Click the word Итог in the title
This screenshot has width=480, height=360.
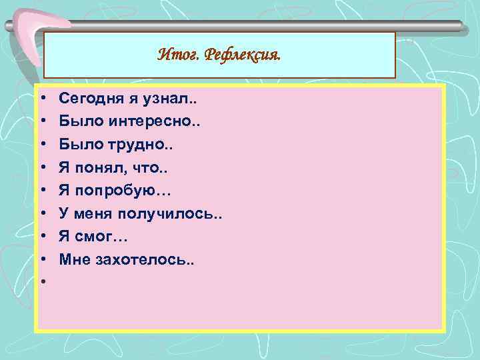click(176, 55)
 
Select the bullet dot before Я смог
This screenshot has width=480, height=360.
click(42, 235)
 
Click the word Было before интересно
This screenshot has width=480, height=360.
click(76, 122)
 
